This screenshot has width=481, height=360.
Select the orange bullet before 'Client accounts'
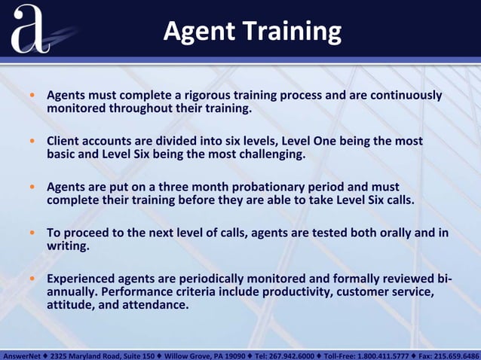[x=32, y=142]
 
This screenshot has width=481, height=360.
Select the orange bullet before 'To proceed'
[x=32, y=233]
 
